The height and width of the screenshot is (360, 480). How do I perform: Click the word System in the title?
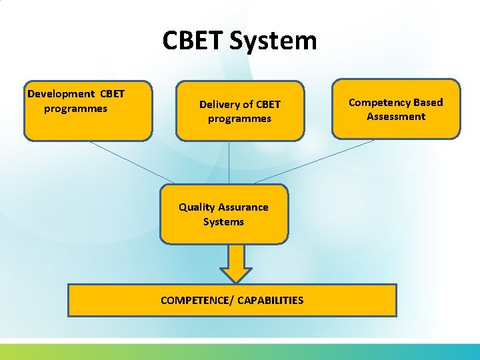273,41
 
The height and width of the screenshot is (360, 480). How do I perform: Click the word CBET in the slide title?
193,41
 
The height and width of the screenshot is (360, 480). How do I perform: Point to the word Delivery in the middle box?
219,104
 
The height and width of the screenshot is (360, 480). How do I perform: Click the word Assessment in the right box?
396,117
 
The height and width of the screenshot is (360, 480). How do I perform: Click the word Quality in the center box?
197,207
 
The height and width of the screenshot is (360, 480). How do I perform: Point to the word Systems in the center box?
223,222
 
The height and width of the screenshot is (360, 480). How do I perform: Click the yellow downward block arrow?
236,263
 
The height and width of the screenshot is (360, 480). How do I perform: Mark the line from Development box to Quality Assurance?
132,161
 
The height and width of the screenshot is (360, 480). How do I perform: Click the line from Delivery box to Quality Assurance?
229,162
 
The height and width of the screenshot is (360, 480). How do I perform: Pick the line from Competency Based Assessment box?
313,161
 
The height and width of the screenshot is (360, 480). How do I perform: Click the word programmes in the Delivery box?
240,119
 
